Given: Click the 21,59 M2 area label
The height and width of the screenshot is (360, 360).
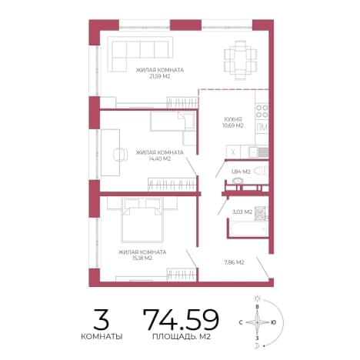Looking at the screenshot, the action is point(159,76).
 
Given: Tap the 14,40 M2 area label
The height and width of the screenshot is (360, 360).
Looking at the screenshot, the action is point(159,158).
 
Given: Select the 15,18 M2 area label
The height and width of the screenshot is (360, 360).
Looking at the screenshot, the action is point(142,258).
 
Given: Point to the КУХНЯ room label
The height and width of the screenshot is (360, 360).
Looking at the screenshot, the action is point(233,119).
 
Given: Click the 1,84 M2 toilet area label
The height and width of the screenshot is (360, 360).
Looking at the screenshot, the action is point(241,172).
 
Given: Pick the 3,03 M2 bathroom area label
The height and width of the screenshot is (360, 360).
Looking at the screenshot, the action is point(242,212).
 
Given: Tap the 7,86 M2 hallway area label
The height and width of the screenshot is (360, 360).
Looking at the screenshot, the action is point(234,262).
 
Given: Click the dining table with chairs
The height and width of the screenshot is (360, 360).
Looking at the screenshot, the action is point(241,61).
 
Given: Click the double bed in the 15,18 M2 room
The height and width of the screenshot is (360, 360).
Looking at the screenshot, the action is point(142,220).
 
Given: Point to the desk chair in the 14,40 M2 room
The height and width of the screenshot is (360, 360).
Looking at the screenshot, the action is point(120,155).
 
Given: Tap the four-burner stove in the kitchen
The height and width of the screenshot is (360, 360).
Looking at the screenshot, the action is point(262,111).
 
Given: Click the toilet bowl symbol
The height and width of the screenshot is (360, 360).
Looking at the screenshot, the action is point(260,171).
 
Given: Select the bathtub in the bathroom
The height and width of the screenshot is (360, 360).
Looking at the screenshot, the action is point(248,229).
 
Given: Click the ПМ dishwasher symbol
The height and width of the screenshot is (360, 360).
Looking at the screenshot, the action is point(262,127).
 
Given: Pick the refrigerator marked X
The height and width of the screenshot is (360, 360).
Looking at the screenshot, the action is point(233,152).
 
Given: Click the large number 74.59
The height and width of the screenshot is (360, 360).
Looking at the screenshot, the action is point(181,319).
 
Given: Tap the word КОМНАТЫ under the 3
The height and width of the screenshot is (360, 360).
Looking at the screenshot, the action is point(102,336).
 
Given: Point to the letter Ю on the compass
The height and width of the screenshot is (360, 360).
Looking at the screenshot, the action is point(273,322).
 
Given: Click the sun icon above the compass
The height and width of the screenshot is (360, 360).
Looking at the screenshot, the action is point(257,298).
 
